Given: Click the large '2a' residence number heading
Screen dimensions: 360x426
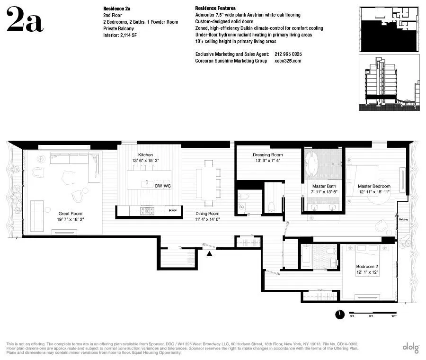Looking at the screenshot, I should coord(25,20).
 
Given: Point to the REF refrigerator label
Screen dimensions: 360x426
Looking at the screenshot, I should coord(172,210).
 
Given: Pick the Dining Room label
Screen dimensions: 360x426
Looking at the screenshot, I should coord(207,214).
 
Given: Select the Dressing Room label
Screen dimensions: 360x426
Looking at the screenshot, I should coord(267,155).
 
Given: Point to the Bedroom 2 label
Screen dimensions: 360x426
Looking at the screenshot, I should coord(367,267).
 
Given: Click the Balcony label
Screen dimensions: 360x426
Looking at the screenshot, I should coord(403,220).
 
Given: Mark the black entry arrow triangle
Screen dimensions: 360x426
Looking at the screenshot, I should coord(210,254).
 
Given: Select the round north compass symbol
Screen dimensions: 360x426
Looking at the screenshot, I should coord(339,315).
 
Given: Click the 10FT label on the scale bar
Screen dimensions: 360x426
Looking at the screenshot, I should coord(393,315).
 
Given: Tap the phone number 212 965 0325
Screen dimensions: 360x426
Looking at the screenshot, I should coord(288,54).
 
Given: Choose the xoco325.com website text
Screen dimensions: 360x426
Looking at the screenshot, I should coord(288,61).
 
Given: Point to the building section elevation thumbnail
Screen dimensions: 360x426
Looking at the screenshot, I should coord(389,83).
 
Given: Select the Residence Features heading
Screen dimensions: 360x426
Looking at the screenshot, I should coord(215,9).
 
